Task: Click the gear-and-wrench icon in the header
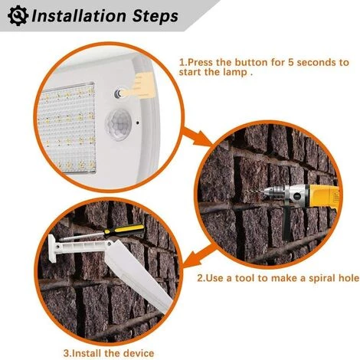[x=18, y=16]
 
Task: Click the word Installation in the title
[x=79, y=16]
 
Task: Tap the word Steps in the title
[x=155, y=17]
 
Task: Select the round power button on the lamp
[x=119, y=93]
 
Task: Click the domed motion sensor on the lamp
[x=119, y=124]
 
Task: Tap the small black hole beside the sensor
[x=138, y=123]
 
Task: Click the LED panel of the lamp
[x=67, y=128]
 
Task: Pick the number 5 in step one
[x=291, y=62]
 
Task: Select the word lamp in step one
[x=235, y=72]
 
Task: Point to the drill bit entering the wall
[x=255, y=191]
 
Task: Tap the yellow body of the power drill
[x=322, y=197]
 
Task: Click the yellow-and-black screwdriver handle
[x=124, y=230]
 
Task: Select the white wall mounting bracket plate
[x=53, y=248]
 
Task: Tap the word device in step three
[x=139, y=353]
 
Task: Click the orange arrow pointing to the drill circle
[x=198, y=137]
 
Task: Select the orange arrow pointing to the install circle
[x=201, y=256]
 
